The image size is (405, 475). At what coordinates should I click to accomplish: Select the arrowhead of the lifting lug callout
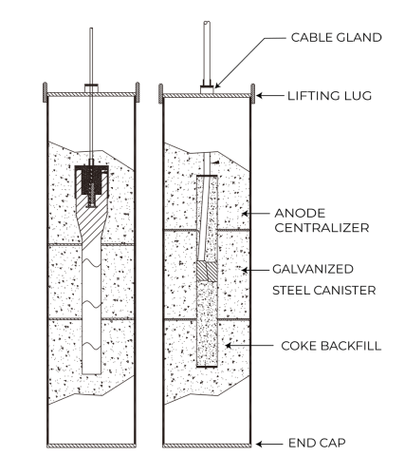click(x=263, y=94)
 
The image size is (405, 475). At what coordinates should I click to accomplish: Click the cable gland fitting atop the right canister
click(x=207, y=87)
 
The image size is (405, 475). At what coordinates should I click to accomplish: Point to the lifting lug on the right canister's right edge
click(x=253, y=93)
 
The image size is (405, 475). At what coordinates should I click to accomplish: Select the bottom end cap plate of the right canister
click(x=207, y=445)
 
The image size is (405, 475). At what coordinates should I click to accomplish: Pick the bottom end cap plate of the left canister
click(x=90, y=445)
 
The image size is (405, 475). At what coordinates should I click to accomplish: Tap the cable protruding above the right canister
click(x=207, y=52)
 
